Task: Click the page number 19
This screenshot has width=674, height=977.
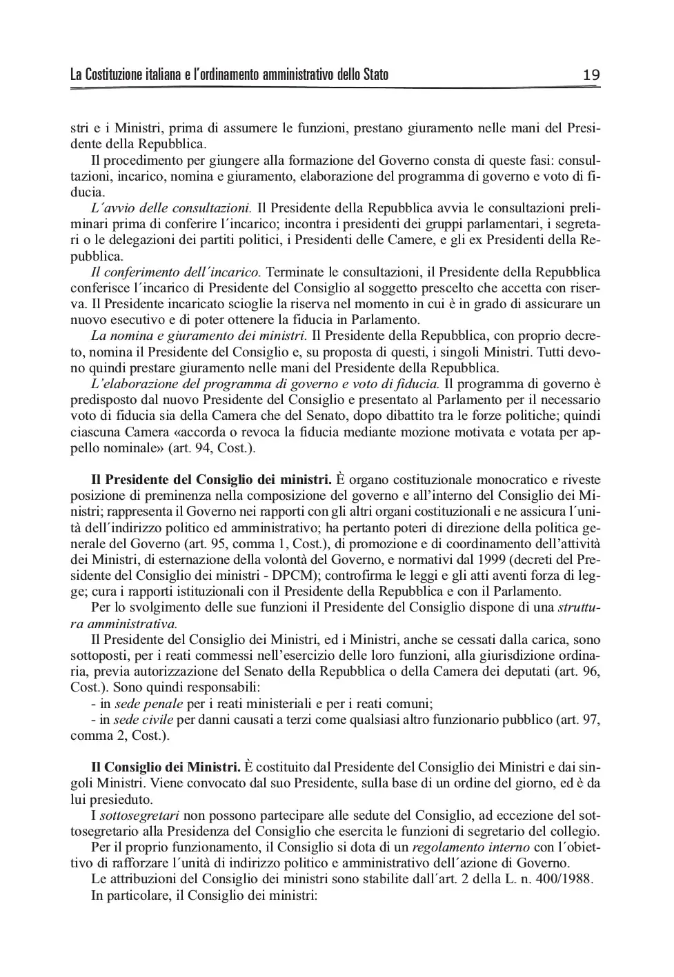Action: pos(591,74)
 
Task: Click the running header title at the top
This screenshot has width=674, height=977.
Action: pos(229,74)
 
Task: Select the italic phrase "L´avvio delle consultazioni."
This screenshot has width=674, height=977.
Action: pos(172,208)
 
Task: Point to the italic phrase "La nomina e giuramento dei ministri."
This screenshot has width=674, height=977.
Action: pos(199,336)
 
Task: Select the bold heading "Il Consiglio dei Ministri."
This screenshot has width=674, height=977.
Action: pos(166,767)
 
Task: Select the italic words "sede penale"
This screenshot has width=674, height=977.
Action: pos(148,704)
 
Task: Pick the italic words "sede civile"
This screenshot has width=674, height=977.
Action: pos(143,720)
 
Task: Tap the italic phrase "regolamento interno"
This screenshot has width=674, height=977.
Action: pos(470,847)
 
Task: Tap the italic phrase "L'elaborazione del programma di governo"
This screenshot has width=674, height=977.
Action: pos(214,384)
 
